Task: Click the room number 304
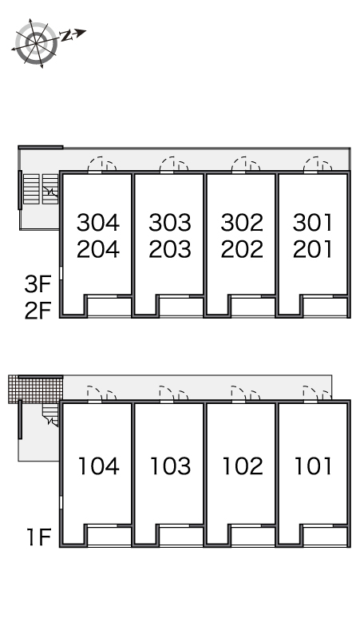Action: coord(98,223)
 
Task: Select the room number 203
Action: coord(170,249)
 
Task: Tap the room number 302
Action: coord(242,223)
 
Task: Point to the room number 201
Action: coord(313,249)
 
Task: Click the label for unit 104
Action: coord(99,465)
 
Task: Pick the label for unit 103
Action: coord(171,465)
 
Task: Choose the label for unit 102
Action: coord(243,465)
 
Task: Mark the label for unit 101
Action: coord(314,465)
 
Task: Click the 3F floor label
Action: coord(38,284)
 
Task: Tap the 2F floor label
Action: coord(38,311)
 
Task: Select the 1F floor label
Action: coord(39,537)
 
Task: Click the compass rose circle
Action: coord(36,43)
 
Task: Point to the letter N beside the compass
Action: coord(66,36)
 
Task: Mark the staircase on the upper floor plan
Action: coord(41,189)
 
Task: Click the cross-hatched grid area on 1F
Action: coord(36,389)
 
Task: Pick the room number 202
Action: coord(242,249)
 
